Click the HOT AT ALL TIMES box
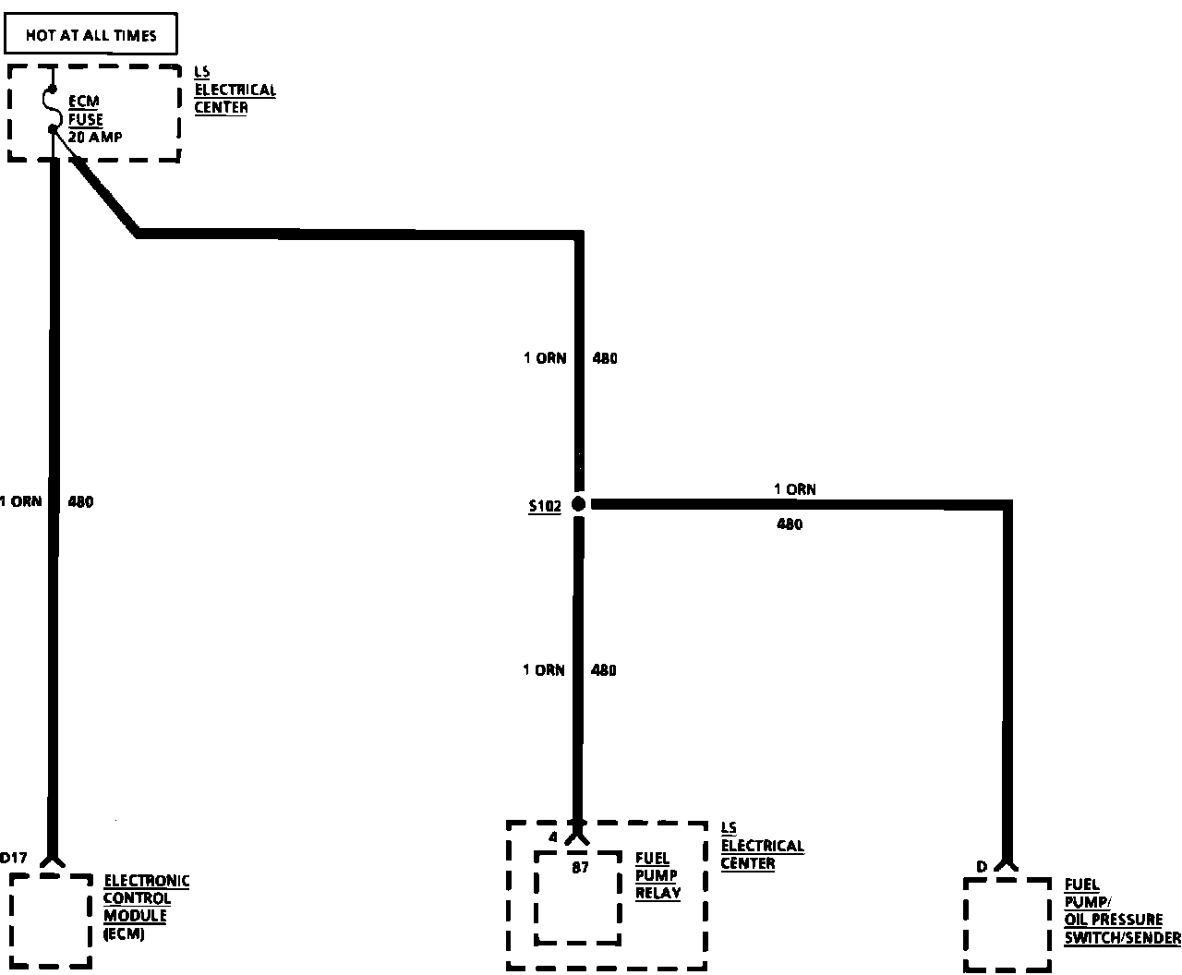pos(90,36)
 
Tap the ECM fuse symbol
pos(54,109)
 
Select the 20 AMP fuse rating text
pos(95,137)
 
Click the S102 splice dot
pos(579,504)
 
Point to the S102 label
pos(545,507)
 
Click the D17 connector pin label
pos(14,858)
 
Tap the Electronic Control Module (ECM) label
pos(146,907)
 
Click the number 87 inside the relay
pos(580,867)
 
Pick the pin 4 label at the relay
pos(553,837)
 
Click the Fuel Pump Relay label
pos(657,875)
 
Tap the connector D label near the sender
pos(982,866)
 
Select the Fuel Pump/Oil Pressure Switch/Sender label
pos(1121,911)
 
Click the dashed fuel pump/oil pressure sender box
pos(1007,923)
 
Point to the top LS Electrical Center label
pos(235,90)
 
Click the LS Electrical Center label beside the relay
pos(762,846)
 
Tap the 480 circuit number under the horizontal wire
pos(790,524)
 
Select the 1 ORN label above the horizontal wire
pos(794,489)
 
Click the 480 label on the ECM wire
pos(80,502)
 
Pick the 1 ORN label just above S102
pos(545,358)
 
